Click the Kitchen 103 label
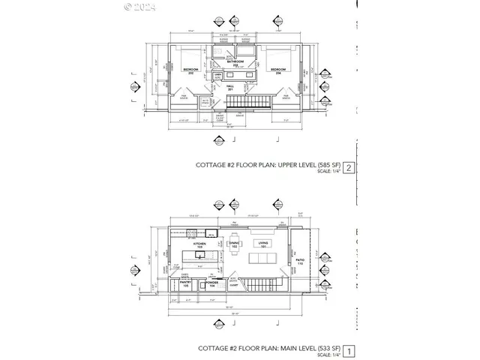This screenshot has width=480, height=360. (200, 246)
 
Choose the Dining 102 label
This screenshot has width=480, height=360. (234, 244)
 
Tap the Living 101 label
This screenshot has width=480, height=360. (263, 244)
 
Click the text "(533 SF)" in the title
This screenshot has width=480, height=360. (320, 349)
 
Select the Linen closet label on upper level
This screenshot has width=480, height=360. (218, 76)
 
